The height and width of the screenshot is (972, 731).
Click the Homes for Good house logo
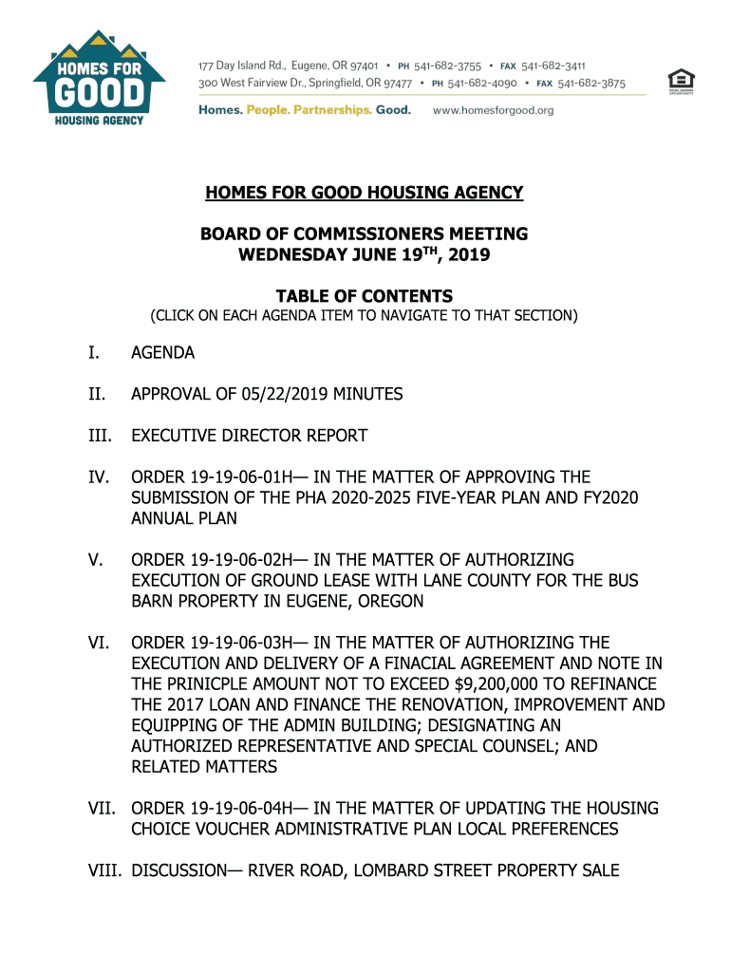pos(100,77)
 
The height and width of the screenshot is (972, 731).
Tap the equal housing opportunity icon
pos(680,82)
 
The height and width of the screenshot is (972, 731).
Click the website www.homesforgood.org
pos(493,110)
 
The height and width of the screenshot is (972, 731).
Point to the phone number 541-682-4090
pos(485,84)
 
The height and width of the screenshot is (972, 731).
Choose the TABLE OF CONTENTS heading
pos(365,296)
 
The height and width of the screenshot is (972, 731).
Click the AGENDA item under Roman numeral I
pos(162,353)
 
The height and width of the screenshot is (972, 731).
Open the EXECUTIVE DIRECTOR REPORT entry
pos(249,436)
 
